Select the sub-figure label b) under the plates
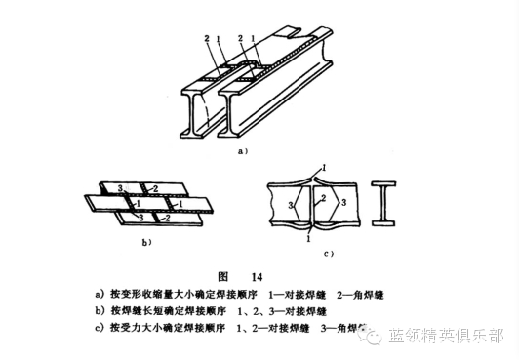pos(147,238)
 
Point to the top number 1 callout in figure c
pos(325,169)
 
